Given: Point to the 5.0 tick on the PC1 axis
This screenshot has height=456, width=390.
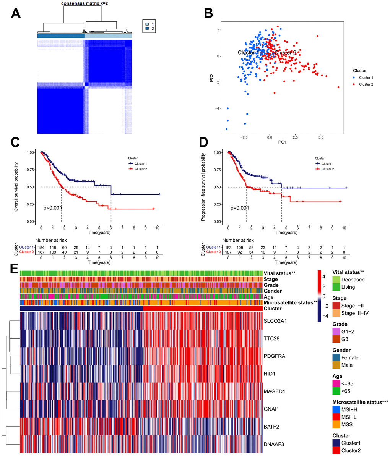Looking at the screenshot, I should [321, 137].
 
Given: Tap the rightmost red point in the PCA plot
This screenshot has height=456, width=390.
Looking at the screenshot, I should [338, 87].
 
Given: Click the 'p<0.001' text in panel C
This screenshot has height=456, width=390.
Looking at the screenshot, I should [53, 208].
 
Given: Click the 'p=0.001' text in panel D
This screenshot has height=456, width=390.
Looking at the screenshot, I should [240, 208].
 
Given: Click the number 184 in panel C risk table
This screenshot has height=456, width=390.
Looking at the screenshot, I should [41, 247].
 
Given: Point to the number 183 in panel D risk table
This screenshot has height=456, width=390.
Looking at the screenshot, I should [228, 247].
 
